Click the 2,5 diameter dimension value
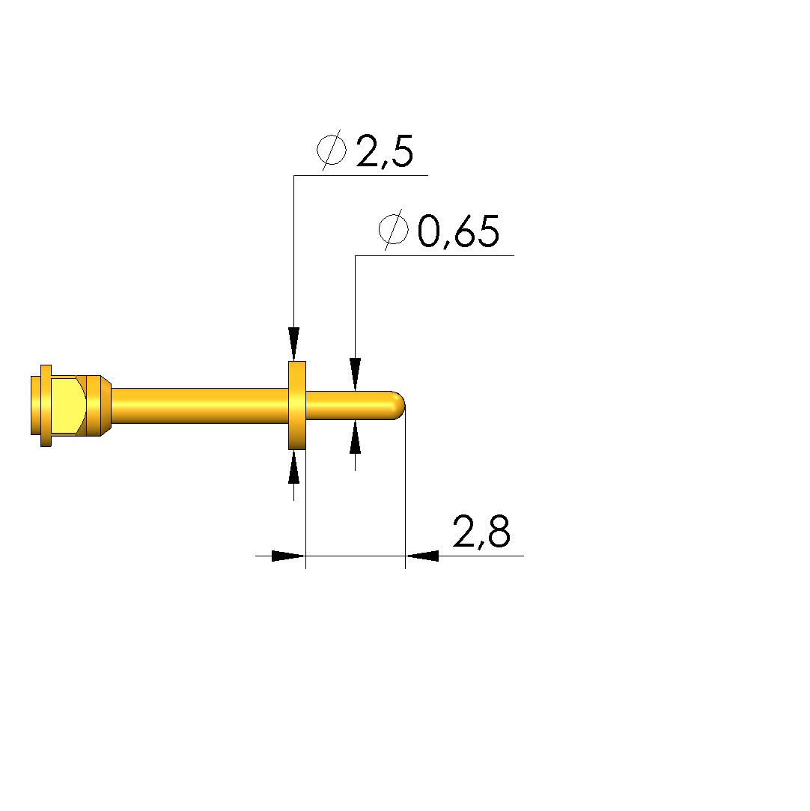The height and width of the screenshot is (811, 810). point(385,151)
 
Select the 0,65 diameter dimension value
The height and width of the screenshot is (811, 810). point(458,231)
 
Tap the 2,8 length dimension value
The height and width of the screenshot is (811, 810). point(481,531)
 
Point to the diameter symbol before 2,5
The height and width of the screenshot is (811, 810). point(332,150)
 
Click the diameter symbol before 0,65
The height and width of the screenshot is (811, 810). point(393,230)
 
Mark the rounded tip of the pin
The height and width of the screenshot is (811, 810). point(398,406)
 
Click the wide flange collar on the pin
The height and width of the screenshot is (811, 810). point(296,406)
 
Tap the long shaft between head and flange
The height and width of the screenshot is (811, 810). point(200,406)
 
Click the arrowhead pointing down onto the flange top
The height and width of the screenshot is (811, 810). point(293,344)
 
